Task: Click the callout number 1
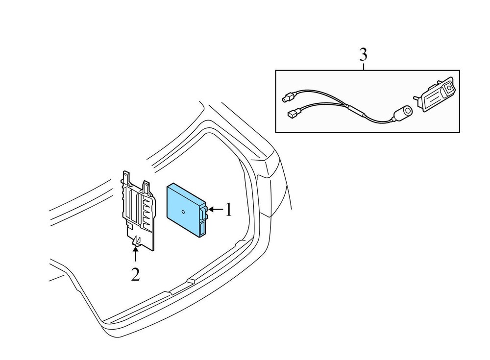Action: [229, 210]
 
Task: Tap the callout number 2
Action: [135, 274]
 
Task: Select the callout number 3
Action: [363, 55]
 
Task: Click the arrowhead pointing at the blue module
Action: [211, 209]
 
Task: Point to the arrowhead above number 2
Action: [135, 248]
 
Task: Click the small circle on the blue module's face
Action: [183, 212]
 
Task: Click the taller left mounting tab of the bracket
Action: [126, 178]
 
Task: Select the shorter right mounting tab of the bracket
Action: [146, 187]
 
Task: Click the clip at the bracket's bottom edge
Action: [136, 241]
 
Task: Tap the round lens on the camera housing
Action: [449, 89]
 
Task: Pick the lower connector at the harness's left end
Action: [294, 113]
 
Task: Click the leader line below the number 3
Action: [364, 66]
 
